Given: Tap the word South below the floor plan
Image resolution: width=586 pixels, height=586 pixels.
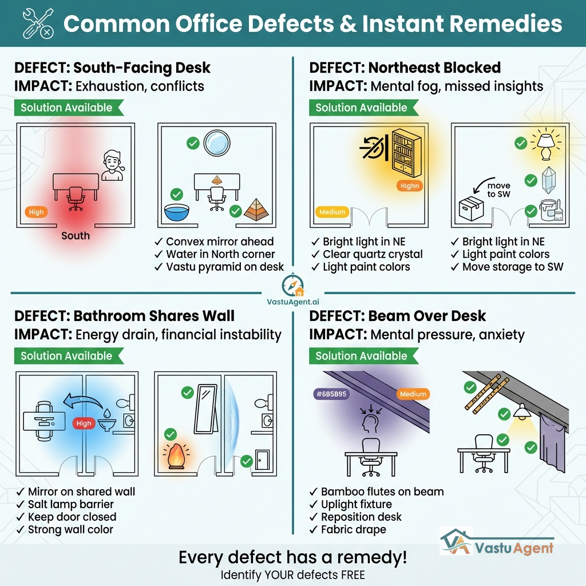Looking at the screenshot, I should [76, 235].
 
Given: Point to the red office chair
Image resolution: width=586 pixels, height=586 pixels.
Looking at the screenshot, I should [74, 198].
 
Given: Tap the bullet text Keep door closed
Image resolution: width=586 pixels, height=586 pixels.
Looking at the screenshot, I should [72, 517].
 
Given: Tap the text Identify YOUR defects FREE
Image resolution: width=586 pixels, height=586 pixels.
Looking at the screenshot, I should [292, 575].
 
